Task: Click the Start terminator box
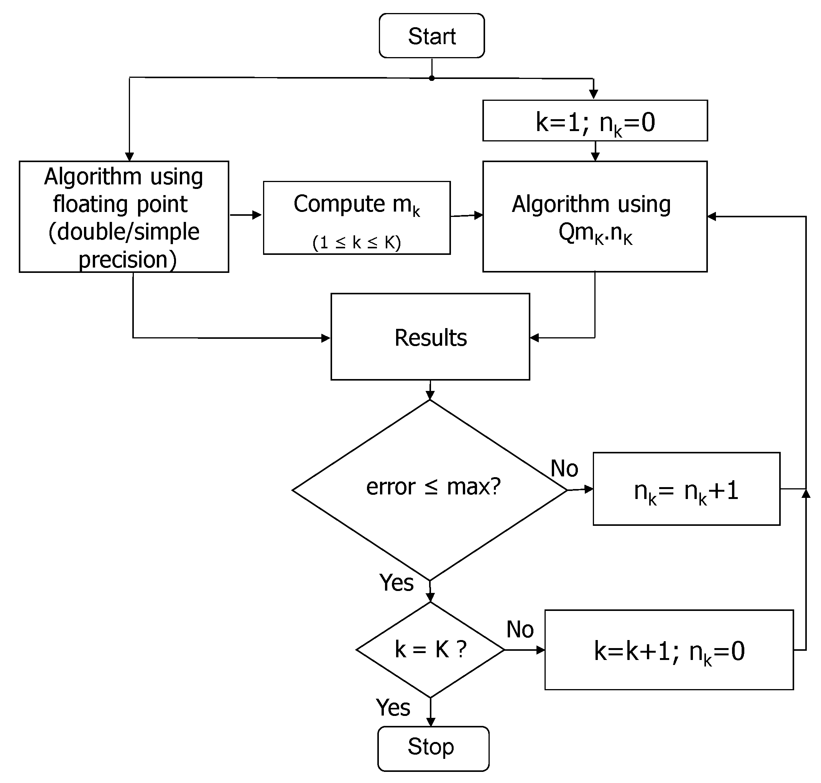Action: coord(431,36)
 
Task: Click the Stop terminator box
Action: coord(433,749)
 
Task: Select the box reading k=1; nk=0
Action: coord(595,121)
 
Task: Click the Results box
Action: coord(430,337)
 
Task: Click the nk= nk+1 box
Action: coord(686,489)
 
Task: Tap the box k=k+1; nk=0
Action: coord(669,651)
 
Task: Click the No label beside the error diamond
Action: coord(564,468)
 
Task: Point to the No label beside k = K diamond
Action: coord(520,629)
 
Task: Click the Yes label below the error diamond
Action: coord(396,583)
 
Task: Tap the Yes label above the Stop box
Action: coord(393,707)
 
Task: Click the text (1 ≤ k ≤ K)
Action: coord(357,242)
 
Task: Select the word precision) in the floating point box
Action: coord(127,259)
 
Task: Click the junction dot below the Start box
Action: coord(431,79)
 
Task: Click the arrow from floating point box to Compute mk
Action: coord(245,215)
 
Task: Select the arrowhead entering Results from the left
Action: coord(325,338)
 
